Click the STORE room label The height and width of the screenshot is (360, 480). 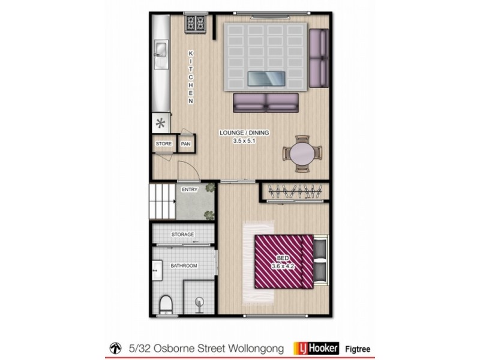164,144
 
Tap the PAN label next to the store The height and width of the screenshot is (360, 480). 186,144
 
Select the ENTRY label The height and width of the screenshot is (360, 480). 190,190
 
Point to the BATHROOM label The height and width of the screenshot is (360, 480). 184,265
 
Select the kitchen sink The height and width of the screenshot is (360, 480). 161,54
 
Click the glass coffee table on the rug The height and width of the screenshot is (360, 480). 267,78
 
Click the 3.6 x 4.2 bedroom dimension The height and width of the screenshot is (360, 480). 283,267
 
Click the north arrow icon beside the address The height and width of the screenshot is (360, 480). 114,347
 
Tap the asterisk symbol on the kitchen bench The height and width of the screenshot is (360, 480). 160,124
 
